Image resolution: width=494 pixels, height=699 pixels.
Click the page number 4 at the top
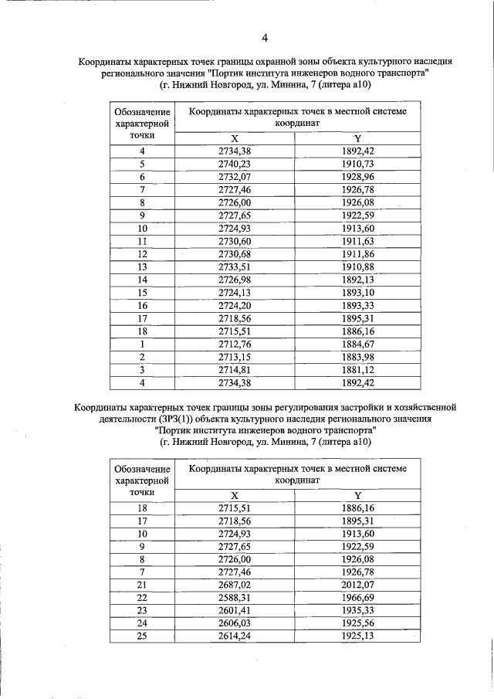click(265, 37)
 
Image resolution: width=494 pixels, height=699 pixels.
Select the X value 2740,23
click(235, 165)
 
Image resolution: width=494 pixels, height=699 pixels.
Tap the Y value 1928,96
click(357, 177)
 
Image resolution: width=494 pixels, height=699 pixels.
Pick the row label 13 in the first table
click(142, 267)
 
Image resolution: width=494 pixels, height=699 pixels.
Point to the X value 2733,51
click(235, 267)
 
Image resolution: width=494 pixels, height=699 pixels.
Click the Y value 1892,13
click(357, 280)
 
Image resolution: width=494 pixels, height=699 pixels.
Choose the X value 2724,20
click(235, 305)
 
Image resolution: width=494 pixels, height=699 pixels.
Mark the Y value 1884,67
click(357, 344)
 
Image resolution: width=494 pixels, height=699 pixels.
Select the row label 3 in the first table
click(142, 369)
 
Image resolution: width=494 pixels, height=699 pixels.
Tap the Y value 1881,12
click(357, 369)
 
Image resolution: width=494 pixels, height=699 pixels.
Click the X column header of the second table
click(235, 495)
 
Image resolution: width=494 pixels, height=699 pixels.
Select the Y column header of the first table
click(357, 138)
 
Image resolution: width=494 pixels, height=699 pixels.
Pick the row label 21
click(142, 585)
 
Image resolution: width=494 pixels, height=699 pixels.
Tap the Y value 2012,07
click(357, 585)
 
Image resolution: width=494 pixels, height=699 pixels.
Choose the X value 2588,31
click(235, 598)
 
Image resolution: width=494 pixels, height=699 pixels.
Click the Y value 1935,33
click(357, 610)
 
